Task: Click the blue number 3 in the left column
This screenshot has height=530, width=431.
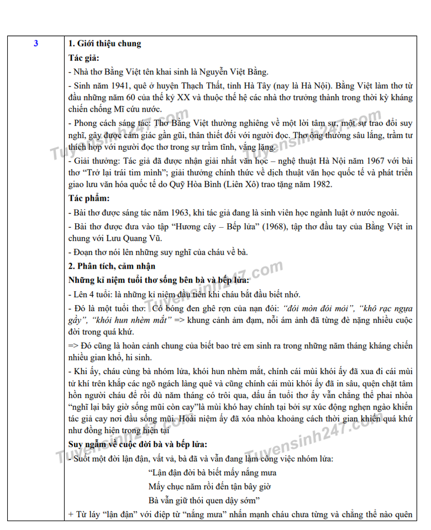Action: tap(36, 44)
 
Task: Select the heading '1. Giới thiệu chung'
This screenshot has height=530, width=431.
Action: tap(104, 44)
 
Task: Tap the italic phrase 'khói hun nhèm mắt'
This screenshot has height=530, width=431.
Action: tap(129, 320)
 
